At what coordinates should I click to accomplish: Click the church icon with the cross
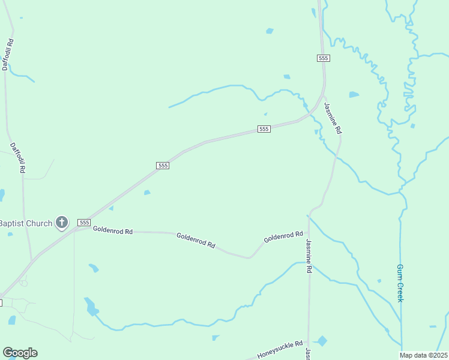point(61,223)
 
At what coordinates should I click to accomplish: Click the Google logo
point(20,353)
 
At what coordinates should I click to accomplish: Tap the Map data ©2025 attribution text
point(423,355)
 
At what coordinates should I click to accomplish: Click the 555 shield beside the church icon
point(84,223)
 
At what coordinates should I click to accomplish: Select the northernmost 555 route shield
point(324,58)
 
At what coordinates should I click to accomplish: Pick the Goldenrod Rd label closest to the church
point(112,230)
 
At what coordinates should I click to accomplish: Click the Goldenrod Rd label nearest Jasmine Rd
point(283,237)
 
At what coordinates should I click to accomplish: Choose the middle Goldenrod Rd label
point(196,240)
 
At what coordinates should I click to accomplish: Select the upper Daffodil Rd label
point(7,55)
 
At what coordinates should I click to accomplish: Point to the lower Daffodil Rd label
point(17,158)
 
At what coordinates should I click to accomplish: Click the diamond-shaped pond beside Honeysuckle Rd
point(322,341)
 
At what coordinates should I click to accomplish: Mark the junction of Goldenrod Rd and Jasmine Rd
point(309,232)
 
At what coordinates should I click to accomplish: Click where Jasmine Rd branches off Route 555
point(324,96)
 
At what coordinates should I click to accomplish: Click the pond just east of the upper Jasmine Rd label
point(354,95)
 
